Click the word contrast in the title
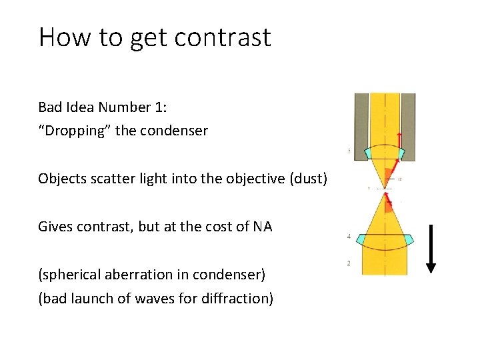(x=224, y=37)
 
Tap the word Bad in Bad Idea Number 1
(x=49, y=107)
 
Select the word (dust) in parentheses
(x=310, y=178)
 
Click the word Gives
(x=54, y=227)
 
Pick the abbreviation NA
(x=262, y=227)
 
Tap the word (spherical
(x=66, y=274)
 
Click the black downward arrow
(x=431, y=248)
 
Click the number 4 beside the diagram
(x=349, y=237)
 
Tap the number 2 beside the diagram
(x=349, y=263)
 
